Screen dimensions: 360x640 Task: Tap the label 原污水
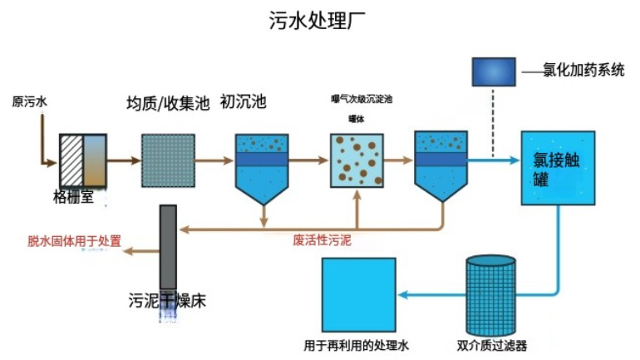click(29, 103)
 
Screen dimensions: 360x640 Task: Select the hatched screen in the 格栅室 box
click(71, 160)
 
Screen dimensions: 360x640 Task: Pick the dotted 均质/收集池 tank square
click(167, 160)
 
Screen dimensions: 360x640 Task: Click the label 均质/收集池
click(167, 104)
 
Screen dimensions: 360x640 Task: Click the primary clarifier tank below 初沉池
click(263, 165)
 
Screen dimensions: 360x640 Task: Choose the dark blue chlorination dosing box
click(494, 72)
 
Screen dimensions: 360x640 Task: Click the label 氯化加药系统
click(584, 72)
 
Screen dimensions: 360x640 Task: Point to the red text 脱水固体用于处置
click(74, 241)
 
